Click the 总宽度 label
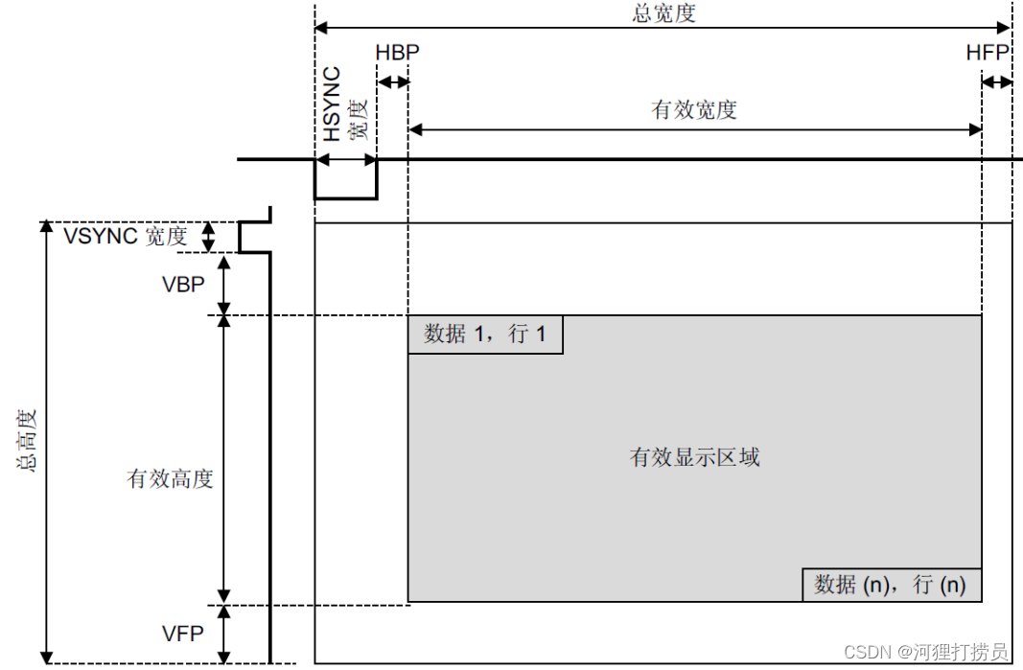click(x=663, y=12)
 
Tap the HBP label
click(x=398, y=53)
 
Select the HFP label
click(x=988, y=53)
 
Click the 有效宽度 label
click(x=694, y=109)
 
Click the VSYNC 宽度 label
click(x=125, y=236)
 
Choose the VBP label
click(x=181, y=285)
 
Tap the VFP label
click(x=181, y=633)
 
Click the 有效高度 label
click(x=170, y=477)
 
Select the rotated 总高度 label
click(x=28, y=441)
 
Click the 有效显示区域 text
click(x=694, y=457)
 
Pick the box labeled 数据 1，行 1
click(x=485, y=335)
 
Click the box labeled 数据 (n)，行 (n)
click(x=891, y=584)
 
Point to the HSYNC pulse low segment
click(x=345, y=198)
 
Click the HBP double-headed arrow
click(x=393, y=82)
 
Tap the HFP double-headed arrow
click(x=997, y=82)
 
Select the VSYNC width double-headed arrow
click(x=207, y=237)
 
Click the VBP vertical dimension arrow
click(x=225, y=285)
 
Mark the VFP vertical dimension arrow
click(x=225, y=633)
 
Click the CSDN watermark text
click(x=925, y=652)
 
